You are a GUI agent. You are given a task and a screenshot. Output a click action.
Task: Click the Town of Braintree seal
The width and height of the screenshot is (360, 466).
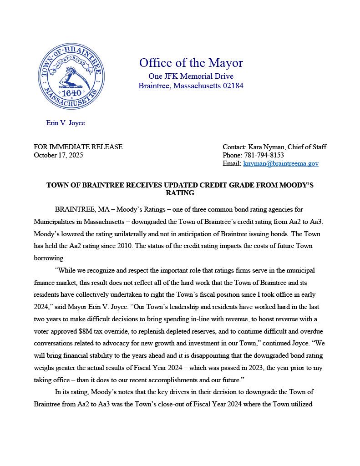(71, 76)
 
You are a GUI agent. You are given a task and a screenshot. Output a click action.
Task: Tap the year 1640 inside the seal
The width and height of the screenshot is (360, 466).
(71, 93)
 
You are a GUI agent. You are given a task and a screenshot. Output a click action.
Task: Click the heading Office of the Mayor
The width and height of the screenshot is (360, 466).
(191, 63)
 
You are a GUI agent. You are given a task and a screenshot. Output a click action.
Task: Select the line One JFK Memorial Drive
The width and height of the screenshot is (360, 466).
(191, 76)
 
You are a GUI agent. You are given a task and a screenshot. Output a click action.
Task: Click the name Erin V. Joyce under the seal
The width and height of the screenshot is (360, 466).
(66, 123)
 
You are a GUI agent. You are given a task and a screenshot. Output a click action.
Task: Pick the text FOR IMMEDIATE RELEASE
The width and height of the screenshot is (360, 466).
(78, 147)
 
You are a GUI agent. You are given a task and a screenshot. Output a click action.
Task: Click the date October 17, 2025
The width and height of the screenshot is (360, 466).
(58, 155)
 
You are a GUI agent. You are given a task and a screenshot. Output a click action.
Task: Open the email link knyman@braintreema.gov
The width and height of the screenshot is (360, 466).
(281, 163)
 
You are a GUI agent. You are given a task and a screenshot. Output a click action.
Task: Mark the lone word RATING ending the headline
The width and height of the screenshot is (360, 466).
(180, 193)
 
